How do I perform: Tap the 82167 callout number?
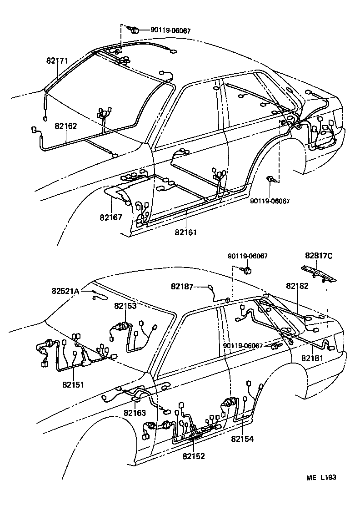[x=111, y=217]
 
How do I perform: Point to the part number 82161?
[x=185, y=232]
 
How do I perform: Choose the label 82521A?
[x=65, y=291]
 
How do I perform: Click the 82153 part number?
[x=125, y=306]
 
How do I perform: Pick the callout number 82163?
[x=135, y=413]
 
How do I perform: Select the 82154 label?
[x=242, y=439]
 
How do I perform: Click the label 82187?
[x=182, y=286]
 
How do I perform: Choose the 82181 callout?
[x=312, y=358]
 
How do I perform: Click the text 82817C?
[x=319, y=256]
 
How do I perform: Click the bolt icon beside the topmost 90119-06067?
[x=135, y=30]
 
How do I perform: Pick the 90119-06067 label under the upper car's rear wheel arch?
[x=270, y=200]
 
